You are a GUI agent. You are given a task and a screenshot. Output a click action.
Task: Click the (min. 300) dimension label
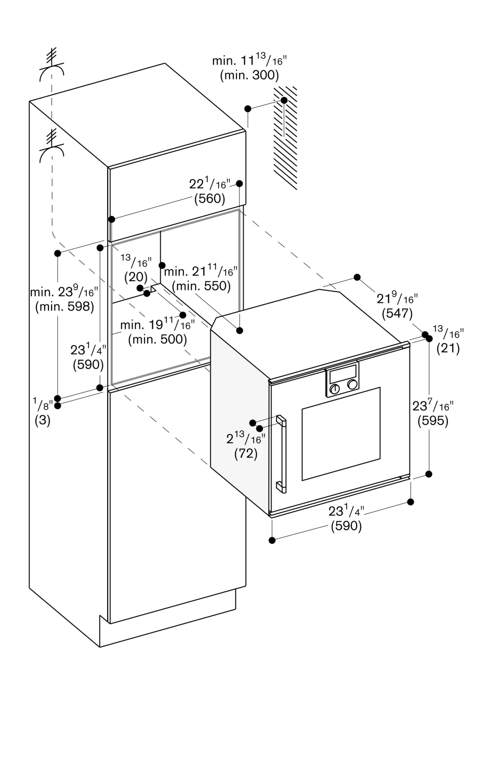coord(249,75)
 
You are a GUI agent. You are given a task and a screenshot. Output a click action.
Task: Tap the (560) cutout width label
coord(210,198)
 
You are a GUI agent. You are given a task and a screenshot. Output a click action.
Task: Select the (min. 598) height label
coord(65,306)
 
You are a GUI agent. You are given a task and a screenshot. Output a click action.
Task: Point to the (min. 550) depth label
coord(201,286)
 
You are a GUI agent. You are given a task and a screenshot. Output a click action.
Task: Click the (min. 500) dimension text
coord(157,339)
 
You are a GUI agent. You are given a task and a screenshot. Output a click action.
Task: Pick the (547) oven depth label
coord(397,313)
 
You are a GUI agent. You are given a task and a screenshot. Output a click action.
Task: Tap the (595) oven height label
coord(433,421)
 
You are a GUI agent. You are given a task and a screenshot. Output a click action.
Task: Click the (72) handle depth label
coord(246,453)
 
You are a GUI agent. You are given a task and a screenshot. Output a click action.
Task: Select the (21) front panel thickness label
coord(448,348)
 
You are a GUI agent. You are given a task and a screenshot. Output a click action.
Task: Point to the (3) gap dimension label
coord(42,420)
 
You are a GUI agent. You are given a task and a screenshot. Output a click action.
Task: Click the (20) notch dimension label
coord(136,277)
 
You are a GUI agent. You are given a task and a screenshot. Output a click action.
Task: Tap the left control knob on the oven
coord(335,389)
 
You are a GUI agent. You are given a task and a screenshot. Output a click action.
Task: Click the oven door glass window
coord(341,434)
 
